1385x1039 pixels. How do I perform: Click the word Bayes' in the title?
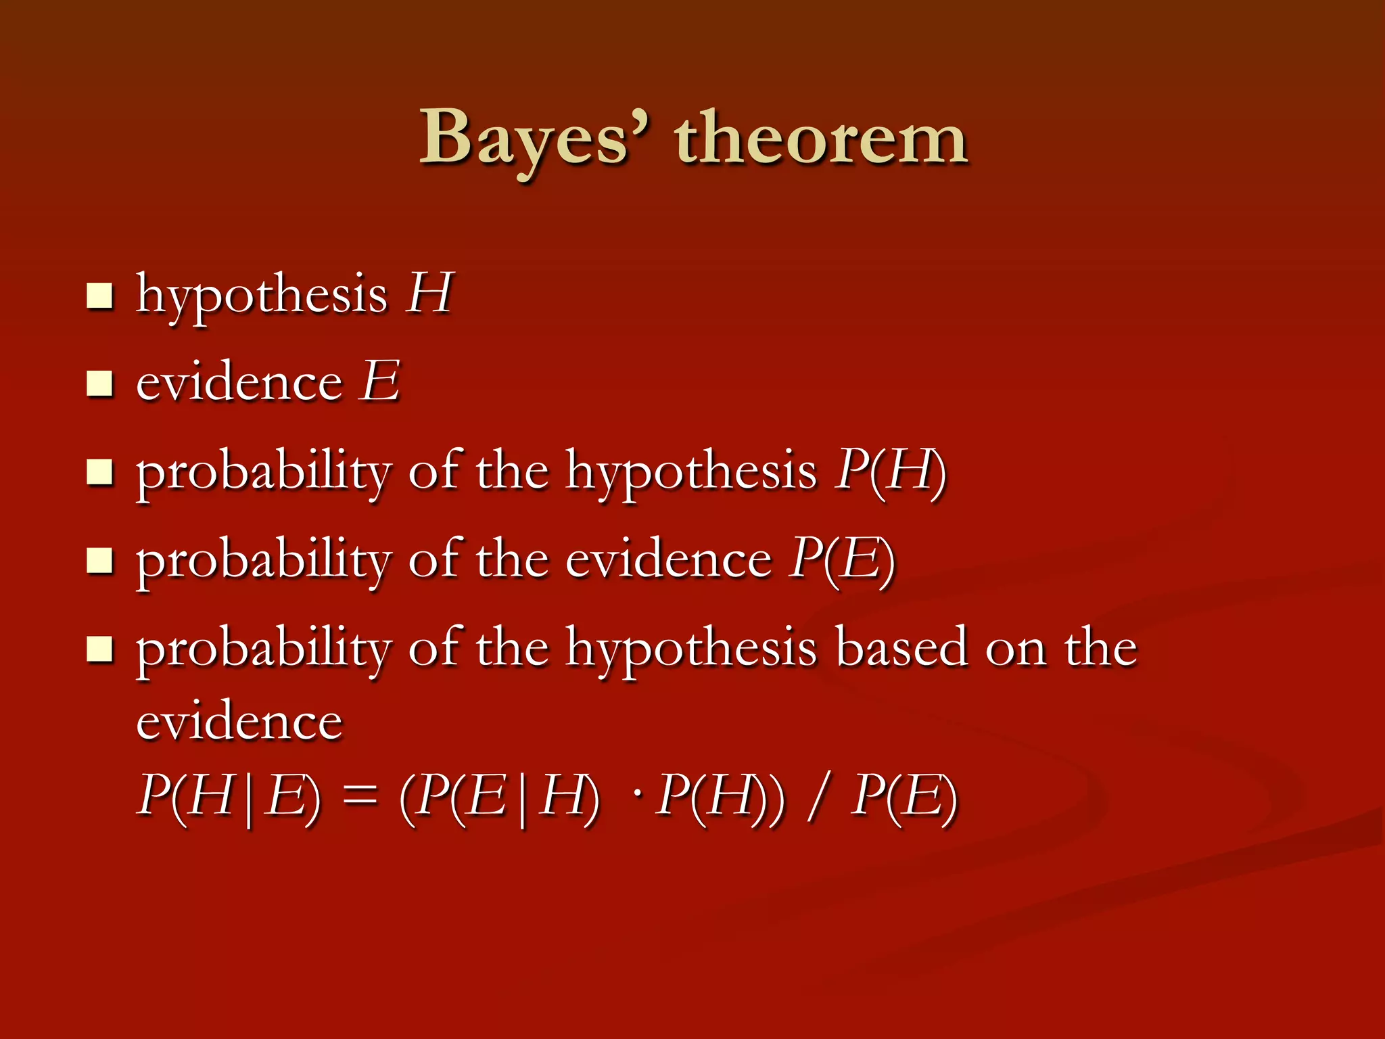coord(534,139)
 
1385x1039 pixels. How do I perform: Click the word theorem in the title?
coord(821,139)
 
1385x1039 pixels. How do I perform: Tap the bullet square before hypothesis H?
coord(99,296)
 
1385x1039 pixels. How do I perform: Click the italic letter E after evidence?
coord(380,382)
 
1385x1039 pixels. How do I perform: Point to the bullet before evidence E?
coord(99,384)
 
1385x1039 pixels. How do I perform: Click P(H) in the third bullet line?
coord(890,471)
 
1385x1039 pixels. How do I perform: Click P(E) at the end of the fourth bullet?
coord(842,559)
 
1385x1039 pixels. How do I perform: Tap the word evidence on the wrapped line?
coord(239,722)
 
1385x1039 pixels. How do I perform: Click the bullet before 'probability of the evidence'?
coord(99,560)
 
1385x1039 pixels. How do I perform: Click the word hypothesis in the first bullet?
coord(262,296)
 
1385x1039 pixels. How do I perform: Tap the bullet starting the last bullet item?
coord(99,649)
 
